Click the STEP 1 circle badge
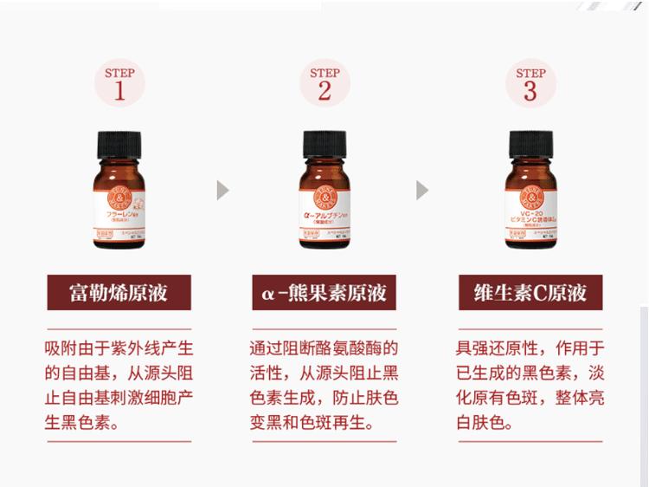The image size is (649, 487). pyautogui.click(x=119, y=83)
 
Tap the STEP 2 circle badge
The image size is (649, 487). pyautogui.click(x=324, y=83)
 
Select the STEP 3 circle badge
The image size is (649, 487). pyautogui.click(x=530, y=83)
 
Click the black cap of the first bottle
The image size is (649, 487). pyautogui.click(x=119, y=140)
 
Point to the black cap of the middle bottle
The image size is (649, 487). pyautogui.click(x=324, y=140)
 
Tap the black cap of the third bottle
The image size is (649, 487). pyautogui.click(x=530, y=140)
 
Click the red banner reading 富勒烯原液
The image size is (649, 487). pyautogui.click(x=119, y=292)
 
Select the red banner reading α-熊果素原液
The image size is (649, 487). pyautogui.click(x=324, y=292)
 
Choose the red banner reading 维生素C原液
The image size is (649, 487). pyautogui.click(x=530, y=292)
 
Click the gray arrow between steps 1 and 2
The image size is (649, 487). pyautogui.click(x=222, y=190)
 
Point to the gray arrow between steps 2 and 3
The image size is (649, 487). pyautogui.click(x=422, y=190)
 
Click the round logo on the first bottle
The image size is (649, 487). pyautogui.click(x=119, y=190)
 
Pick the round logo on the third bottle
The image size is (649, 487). pyautogui.click(x=530, y=189)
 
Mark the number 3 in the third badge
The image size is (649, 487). pyautogui.click(x=530, y=92)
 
